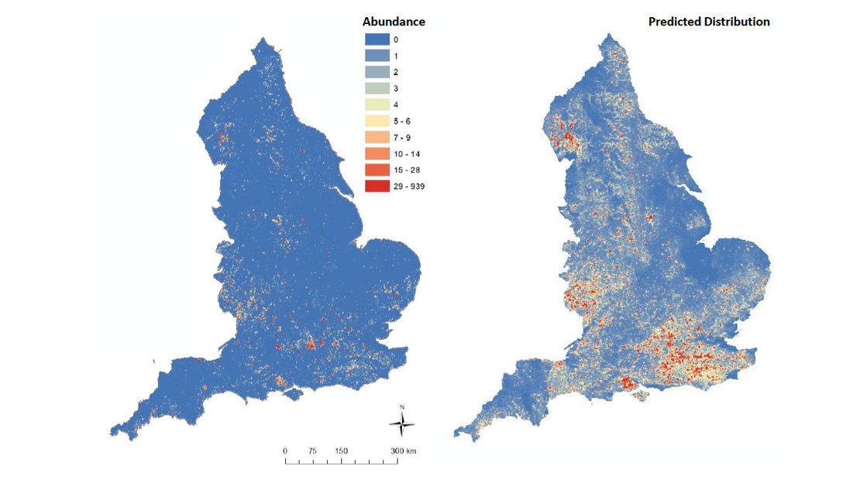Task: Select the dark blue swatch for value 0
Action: click(x=377, y=39)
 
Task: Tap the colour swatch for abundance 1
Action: click(x=377, y=56)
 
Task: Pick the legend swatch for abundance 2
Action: click(x=377, y=72)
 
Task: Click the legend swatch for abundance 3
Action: click(x=377, y=88)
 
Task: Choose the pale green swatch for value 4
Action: click(x=377, y=104)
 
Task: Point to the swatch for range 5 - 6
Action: click(x=377, y=121)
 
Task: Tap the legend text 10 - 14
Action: click(x=408, y=153)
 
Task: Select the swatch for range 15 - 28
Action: click(x=377, y=170)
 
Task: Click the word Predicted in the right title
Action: click(x=673, y=22)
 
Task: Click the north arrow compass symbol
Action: click(x=401, y=422)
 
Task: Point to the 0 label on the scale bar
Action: click(x=285, y=450)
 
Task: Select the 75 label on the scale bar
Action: click(x=313, y=450)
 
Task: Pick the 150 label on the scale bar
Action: click(x=341, y=450)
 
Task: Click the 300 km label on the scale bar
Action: click(x=405, y=450)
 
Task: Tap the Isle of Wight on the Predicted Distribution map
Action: click(x=639, y=397)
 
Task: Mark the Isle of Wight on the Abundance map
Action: click(x=291, y=395)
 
